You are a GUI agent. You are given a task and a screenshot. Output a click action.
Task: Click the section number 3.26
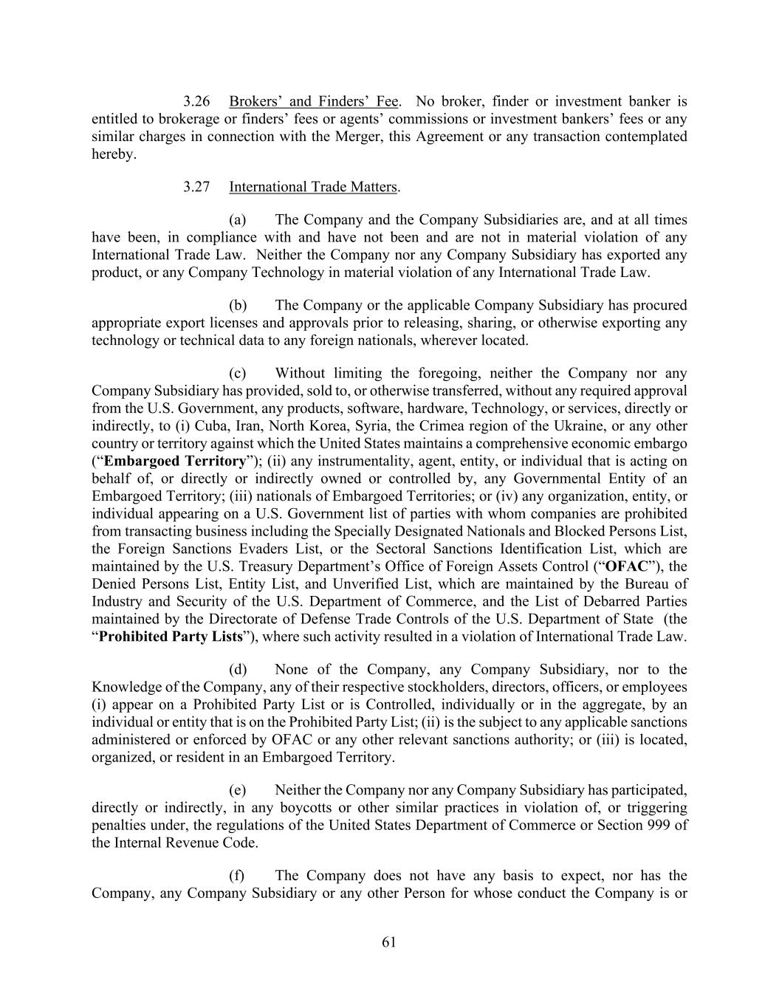click(x=197, y=101)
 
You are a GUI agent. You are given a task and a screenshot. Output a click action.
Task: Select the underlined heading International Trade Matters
click(x=313, y=187)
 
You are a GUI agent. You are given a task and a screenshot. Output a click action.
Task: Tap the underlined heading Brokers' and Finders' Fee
click(x=314, y=101)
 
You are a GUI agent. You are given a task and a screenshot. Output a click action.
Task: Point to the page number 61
click(x=390, y=942)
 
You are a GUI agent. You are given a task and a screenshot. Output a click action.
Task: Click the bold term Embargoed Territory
click(x=175, y=462)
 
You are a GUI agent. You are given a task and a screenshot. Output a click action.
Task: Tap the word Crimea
click(x=442, y=426)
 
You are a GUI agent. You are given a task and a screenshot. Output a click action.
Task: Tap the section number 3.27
click(x=197, y=187)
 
